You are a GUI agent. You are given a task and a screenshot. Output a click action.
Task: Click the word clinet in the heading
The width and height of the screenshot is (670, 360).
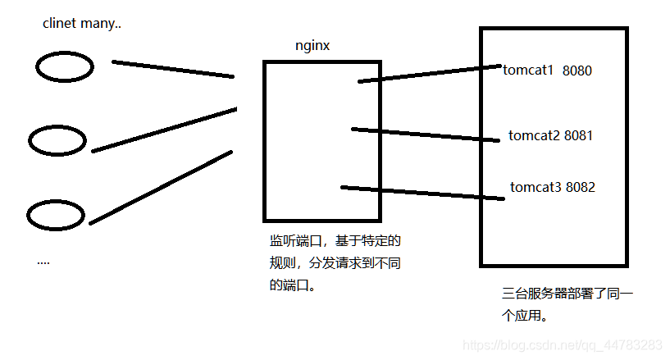(x=59, y=23)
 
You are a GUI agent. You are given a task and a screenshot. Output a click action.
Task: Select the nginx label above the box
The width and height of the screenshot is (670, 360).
(x=312, y=46)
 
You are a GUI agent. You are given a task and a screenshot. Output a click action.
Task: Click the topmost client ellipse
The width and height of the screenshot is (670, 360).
(x=65, y=66)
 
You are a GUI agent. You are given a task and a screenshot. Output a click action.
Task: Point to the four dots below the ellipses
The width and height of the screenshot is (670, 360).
(x=43, y=263)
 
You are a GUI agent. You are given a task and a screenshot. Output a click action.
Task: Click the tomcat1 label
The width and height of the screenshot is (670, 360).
(x=528, y=70)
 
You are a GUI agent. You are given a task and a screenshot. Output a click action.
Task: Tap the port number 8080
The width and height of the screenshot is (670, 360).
(x=577, y=71)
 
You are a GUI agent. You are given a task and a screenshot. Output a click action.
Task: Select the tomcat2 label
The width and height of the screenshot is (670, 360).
(x=534, y=135)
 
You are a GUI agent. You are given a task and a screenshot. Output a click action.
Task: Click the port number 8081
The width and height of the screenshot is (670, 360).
(x=578, y=135)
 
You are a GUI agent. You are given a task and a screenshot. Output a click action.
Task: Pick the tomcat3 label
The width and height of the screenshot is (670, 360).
(x=536, y=187)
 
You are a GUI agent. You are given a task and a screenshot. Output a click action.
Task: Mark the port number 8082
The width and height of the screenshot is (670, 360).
(x=581, y=187)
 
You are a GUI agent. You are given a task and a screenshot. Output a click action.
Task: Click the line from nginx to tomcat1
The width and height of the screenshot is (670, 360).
(x=430, y=74)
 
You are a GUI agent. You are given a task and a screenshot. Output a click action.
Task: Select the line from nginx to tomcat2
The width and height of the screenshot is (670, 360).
(x=426, y=134)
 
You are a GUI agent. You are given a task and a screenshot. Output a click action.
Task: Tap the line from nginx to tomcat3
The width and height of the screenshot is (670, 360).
(x=422, y=193)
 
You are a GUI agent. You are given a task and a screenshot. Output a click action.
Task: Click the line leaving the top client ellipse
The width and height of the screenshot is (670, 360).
(x=173, y=69)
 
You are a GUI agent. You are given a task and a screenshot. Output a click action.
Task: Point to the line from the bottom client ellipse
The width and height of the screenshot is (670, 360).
(x=161, y=188)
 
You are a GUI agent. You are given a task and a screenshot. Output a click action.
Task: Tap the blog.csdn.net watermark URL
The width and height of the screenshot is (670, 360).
(x=563, y=345)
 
